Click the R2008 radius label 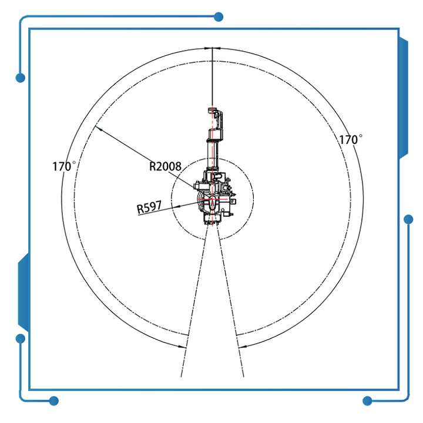(x=165, y=166)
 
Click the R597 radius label (x=149, y=207)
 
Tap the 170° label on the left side (x=64, y=166)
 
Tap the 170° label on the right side (x=351, y=139)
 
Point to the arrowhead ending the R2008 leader (x=98, y=129)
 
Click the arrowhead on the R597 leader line (x=177, y=207)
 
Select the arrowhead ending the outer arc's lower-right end (x=242, y=347)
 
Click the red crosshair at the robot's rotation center (x=212, y=199)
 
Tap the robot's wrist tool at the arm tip (x=216, y=119)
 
